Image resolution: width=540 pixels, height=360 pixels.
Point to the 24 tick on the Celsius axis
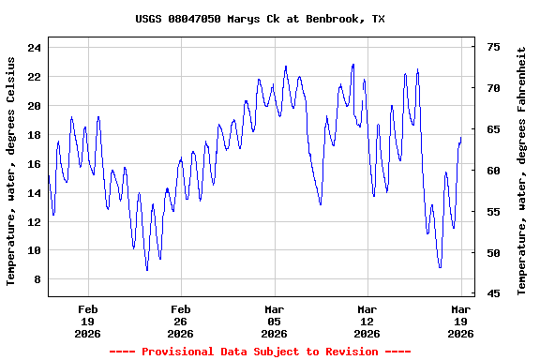pyautogui.click(x=34, y=48)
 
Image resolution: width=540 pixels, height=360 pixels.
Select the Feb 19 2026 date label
pyautogui.click(x=87, y=321)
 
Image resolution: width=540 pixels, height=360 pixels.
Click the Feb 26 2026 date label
pyautogui.click(x=180, y=321)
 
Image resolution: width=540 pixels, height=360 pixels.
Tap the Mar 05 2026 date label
pyautogui.click(x=274, y=321)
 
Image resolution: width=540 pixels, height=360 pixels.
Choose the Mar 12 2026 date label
pyautogui.click(x=367, y=321)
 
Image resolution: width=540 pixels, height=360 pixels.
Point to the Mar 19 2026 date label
pyautogui.click(x=460, y=321)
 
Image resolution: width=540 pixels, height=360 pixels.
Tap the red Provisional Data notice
pyautogui.click(x=260, y=352)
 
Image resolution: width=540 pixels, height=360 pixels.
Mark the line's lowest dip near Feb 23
pyautogui.click(x=147, y=270)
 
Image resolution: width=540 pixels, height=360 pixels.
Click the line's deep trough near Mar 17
pyautogui.click(x=440, y=267)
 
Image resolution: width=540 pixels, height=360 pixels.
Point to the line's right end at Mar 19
pyautogui.click(x=461, y=138)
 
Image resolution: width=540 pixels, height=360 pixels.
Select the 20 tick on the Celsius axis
pyautogui.click(x=34, y=106)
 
